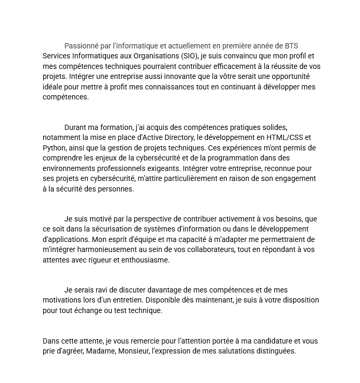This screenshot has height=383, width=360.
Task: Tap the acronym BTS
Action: (291, 46)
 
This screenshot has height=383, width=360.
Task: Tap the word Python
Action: (54, 148)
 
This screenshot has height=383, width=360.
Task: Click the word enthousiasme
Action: (146, 260)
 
